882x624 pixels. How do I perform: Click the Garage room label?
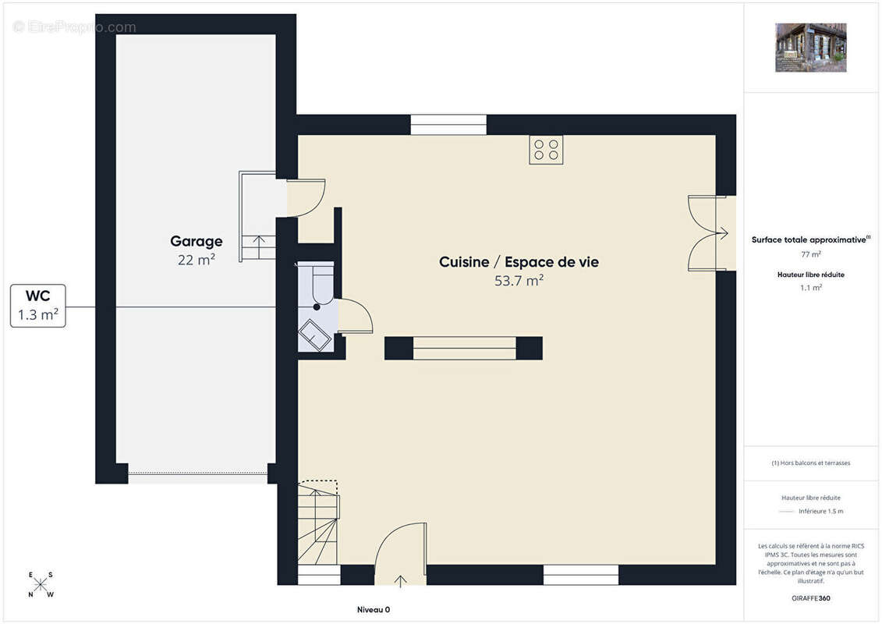coord(197,241)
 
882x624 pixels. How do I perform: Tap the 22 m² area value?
coord(197,260)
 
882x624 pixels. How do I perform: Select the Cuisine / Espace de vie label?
coord(519,262)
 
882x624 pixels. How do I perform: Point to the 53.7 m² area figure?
coord(519,280)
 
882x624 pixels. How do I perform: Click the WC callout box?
coord(38,306)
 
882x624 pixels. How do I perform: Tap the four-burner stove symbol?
coord(546,150)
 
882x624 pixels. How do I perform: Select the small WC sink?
coord(315,335)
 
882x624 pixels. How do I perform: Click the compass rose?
coord(41,585)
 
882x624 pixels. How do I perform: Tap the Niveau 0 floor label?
coord(374,610)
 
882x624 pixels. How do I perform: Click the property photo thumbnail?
coord(810,48)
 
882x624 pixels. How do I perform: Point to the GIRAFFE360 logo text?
coord(810,598)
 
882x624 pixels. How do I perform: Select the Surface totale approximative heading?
coord(810,239)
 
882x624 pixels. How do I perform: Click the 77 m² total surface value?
coord(810,254)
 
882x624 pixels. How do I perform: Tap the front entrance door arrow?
coord(401,580)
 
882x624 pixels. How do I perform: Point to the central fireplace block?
coord(463,349)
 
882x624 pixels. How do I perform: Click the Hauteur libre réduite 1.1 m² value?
coord(810,288)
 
